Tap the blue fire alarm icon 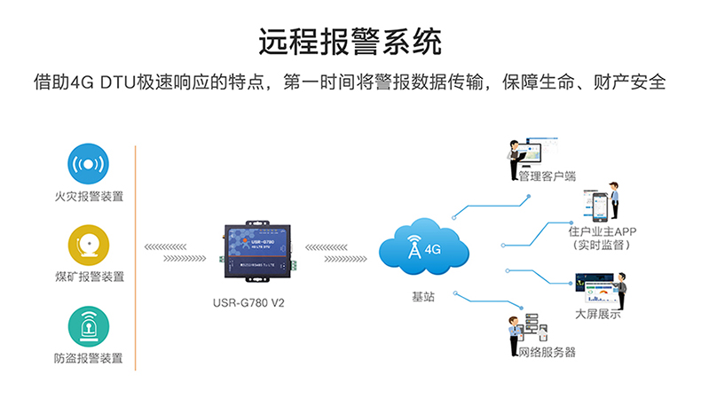pos(89,165)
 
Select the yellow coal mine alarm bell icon pos(89,246)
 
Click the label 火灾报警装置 pos(89,196)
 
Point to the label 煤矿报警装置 pos(89,277)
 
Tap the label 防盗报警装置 pos(89,358)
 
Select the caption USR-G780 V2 pos(255,301)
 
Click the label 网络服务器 pos(547,352)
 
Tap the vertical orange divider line pos(134,257)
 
